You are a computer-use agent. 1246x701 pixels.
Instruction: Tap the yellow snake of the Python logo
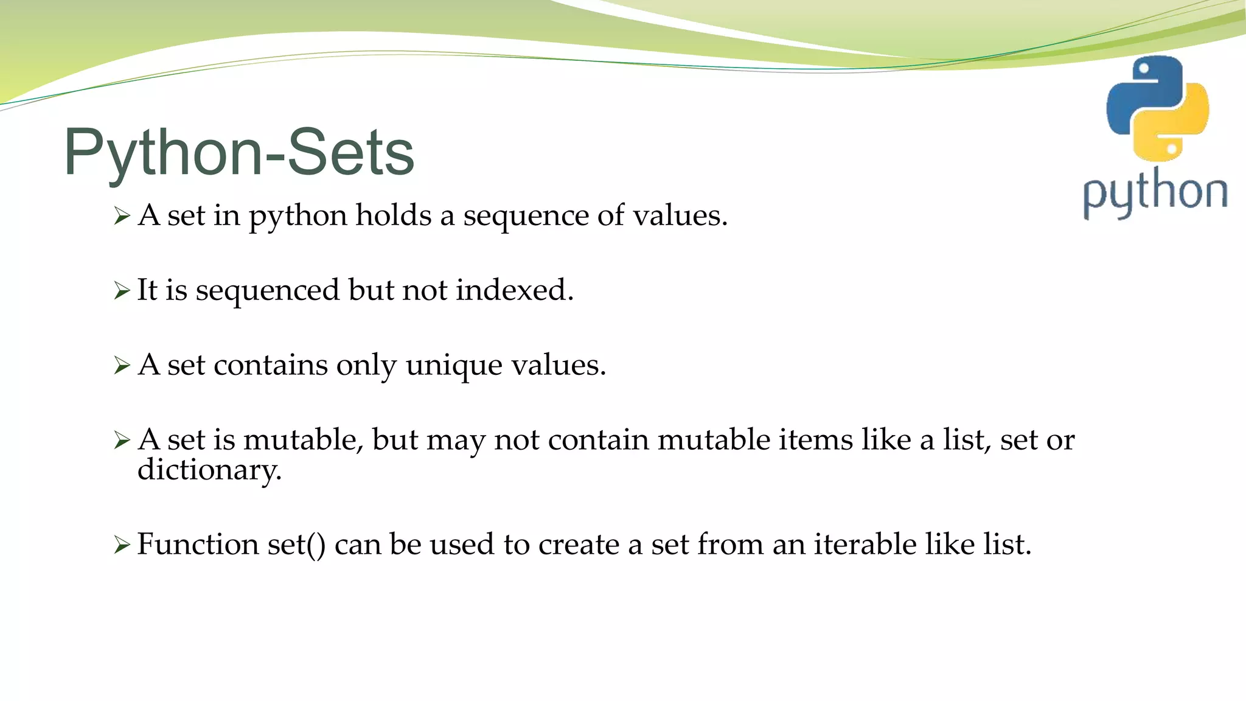click(1177, 131)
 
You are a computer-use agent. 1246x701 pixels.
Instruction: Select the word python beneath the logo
click(1155, 193)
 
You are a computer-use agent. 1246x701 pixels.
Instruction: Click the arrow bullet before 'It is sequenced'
click(122, 291)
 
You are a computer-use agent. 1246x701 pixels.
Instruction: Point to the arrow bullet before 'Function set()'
click(122, 545)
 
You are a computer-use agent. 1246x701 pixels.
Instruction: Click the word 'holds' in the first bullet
click(393, 215)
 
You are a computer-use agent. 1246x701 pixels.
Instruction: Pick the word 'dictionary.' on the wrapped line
click(209, 470)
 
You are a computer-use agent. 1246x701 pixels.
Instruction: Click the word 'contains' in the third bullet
click(271, 365)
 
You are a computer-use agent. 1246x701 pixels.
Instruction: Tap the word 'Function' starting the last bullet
click(198, 544)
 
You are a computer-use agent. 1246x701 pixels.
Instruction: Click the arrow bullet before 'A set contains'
click(122, 366)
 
